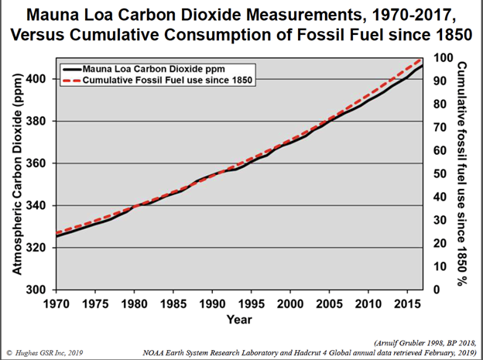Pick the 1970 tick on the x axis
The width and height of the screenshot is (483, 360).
coord(56,303)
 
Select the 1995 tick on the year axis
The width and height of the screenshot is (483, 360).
coord(251,303)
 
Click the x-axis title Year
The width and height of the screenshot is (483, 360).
coord(239,319)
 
